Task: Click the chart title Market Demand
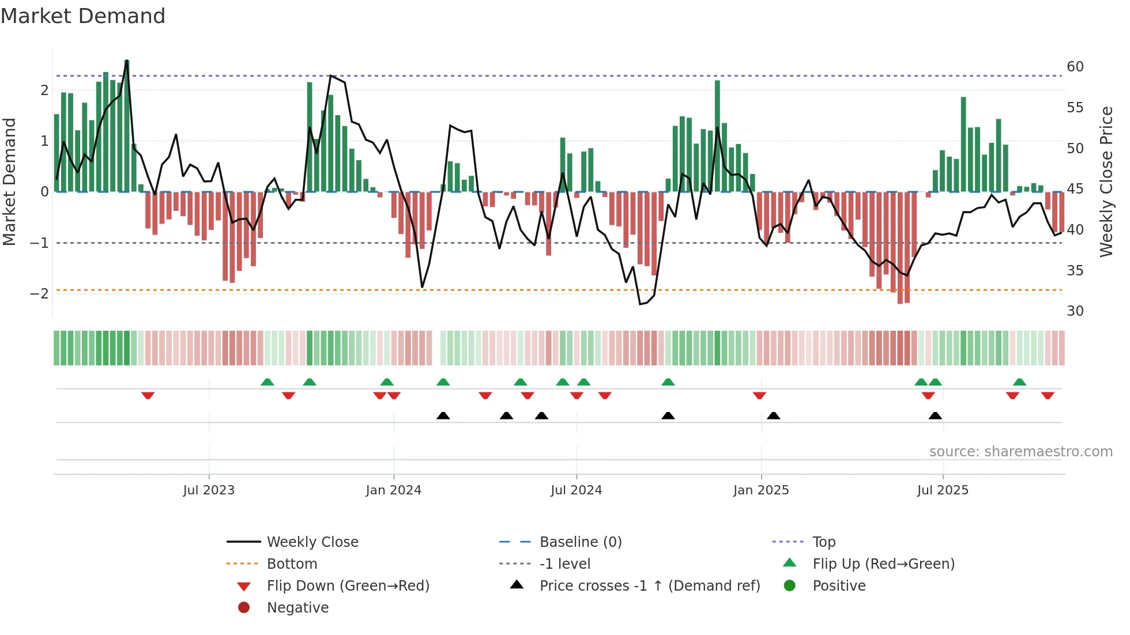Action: (x=83, y=16)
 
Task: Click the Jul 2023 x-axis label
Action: (x=209, y=490)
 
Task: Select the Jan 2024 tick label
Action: (x=393, y=490)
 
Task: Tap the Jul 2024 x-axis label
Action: (x=576, y=490)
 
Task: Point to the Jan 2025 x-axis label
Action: (x=760, y=490)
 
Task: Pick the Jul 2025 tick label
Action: (x=943, y=490)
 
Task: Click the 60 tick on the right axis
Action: (x=1075, y=67)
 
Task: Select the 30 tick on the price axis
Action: (x=1075, y=311)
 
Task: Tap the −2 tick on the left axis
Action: (x=39, y=293)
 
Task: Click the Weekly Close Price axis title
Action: (x=1106, y=182)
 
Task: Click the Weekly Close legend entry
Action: (x=312, y=542)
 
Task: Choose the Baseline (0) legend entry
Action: (x=580, y=542)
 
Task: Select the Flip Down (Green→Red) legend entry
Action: (x=348, y=586)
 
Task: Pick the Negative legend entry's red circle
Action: (x=244, y=608)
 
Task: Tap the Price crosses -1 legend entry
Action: (x=649, y=586)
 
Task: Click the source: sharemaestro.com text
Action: (x=1020, y=452)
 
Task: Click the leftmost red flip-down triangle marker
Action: (x=148, y=395)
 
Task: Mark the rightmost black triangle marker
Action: (x=935, y=415)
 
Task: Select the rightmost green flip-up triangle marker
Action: (x=1019, y=382)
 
